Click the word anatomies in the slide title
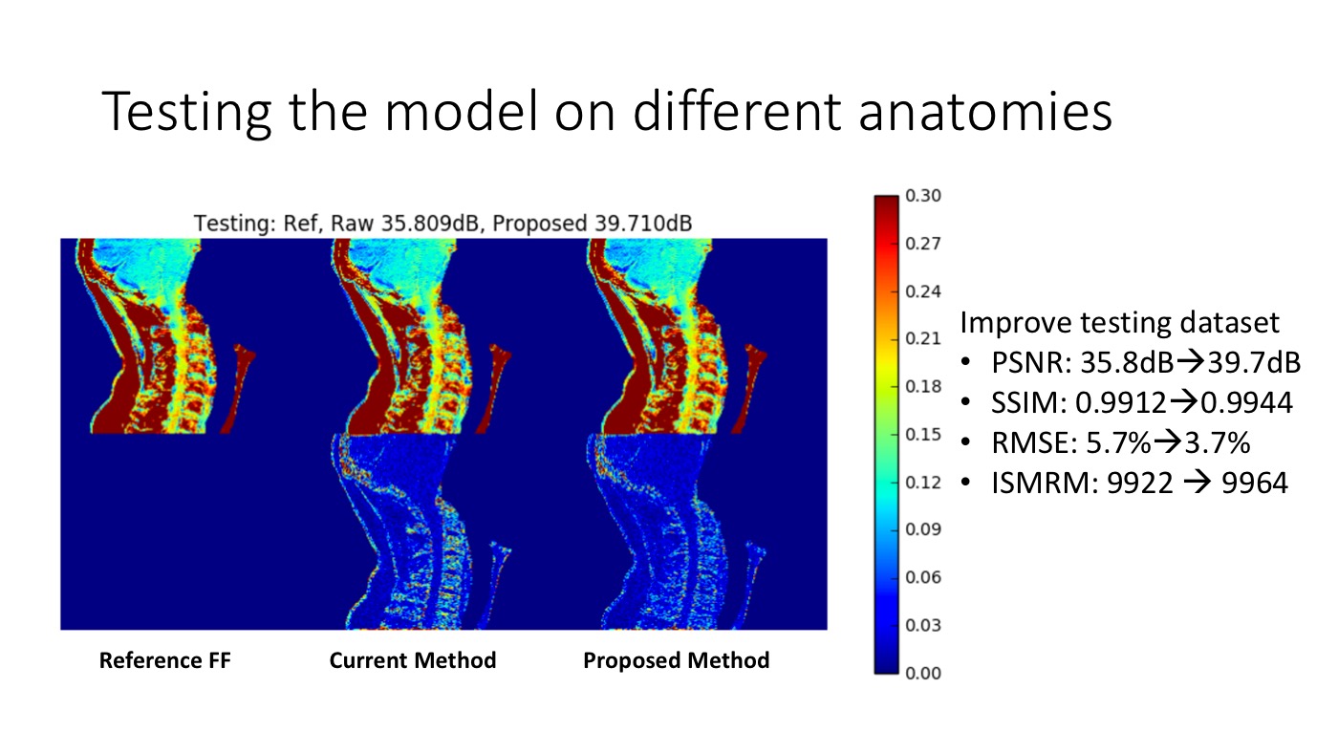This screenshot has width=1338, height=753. pyautogui.click(x=985, y=111)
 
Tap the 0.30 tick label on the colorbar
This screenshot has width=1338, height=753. pyautogui.click(x=923, y=196)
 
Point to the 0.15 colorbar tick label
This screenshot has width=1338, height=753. pyautogui.click(x=923, y=435)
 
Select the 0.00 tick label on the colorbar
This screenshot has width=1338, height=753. pyautogui.click(x=923, y=674)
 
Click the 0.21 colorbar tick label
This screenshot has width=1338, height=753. pyautogui.click(x=923, y=338)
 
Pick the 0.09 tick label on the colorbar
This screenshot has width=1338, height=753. pyautogui.click(x=923, y=529)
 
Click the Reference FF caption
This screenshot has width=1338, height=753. pyautogui.click(x=164, y=660)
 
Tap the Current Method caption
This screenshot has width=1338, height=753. pyautogui.click(x=413, y=660)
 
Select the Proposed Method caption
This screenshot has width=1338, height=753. pyautogui.click(x=677, y=661)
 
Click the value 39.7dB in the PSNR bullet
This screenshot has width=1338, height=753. pyautogui.click(x=1254, y=362)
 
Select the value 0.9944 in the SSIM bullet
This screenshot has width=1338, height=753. pyautogui.click(x=1246, y=402)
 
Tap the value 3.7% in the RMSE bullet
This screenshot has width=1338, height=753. pyautogui.click(x=1218, y=443)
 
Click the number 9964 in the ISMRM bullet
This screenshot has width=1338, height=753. pyautogui.click(x=1254, y=484)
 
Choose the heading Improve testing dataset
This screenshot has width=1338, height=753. pyautogui.click(x=1119, y=323)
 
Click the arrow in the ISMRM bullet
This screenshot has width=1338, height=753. pyautogui.click(x=1197, y=484)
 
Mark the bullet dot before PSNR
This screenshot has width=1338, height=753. pyautogui.click(x=965, y=362)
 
